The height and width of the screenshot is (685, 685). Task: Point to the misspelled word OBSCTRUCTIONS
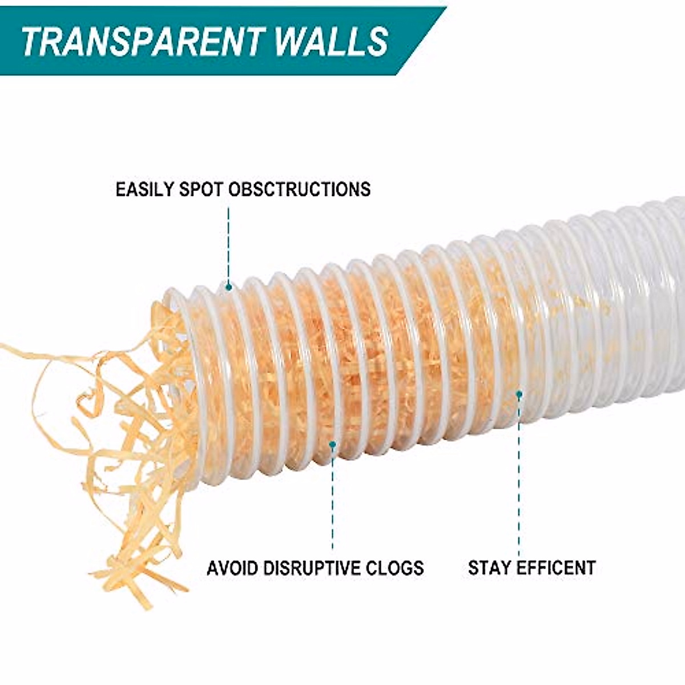299,189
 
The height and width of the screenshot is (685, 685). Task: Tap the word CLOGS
397,568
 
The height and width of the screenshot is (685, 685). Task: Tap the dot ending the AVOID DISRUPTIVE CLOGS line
333,444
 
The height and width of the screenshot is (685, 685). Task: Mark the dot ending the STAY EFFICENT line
519,394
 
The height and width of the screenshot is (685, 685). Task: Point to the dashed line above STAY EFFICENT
519,474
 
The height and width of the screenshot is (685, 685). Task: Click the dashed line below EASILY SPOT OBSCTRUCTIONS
228,245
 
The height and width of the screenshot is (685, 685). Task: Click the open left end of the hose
177,365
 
